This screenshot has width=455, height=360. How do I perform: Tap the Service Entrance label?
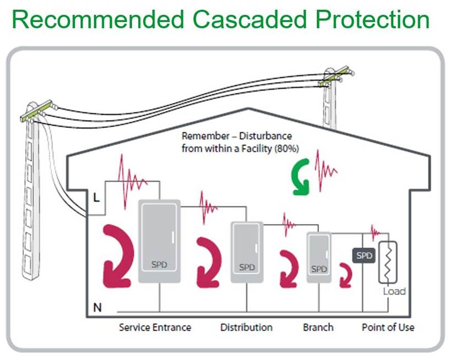[155, 328]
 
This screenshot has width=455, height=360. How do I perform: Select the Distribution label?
[246, 328]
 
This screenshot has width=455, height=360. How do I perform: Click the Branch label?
[318, 328]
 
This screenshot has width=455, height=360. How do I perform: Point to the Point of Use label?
[388, 328]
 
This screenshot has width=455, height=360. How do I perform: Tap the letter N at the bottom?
[97, 307]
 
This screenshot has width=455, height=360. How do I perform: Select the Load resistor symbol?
[387, 261]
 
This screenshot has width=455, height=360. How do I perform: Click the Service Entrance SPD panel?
[159, 241]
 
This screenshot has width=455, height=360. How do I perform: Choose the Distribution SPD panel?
[247, 252]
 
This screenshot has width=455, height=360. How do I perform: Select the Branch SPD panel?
[318, 258]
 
